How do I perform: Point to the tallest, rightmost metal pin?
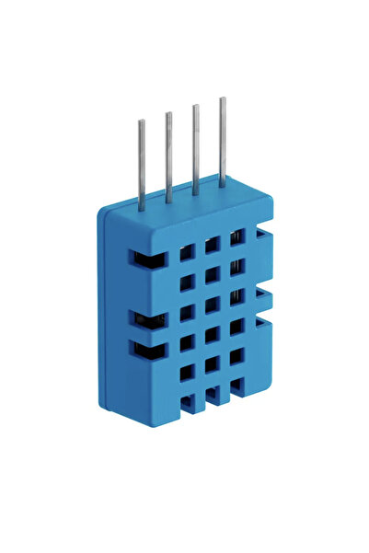(222, 140)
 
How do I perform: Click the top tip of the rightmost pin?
(222, 99)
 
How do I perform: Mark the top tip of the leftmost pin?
(141, 122)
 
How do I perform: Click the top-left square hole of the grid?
(187, 252)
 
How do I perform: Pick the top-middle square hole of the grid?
(212, 245)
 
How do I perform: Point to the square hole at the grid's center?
(212, 305)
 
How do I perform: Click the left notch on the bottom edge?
(188, 403)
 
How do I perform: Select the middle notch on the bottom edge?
(213, 396)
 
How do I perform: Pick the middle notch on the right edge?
(263, 296)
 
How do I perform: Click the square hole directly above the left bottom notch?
(187, 373)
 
